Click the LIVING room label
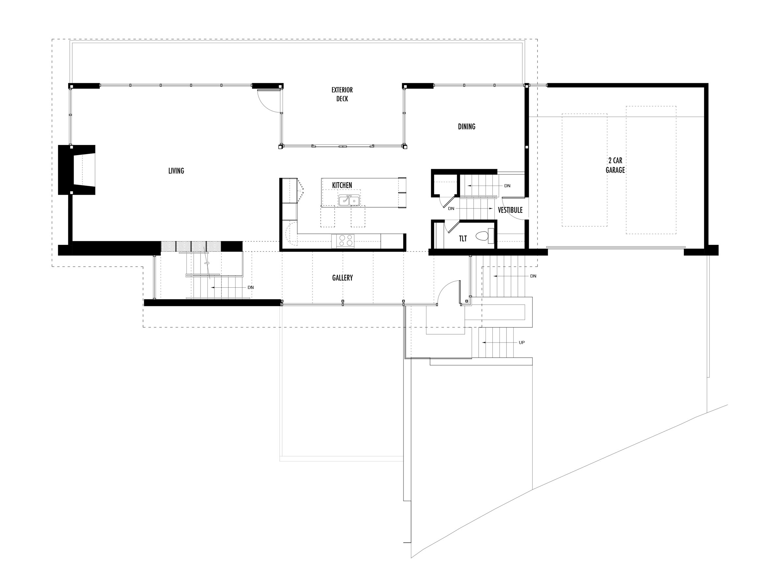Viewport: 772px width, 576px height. (176, 171)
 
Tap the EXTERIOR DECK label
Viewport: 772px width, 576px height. (342, 94)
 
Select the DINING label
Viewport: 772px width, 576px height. (466, 127)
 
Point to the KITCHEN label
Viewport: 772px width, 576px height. (342, 185)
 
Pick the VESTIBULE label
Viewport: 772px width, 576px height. (510, 210)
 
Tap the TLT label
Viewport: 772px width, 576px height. (462, 238)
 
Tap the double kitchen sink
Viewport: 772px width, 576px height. (349, 200)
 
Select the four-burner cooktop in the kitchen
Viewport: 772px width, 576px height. (345, 241)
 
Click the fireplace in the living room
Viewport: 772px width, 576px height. (77, 170)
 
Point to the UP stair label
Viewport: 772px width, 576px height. (521, 343)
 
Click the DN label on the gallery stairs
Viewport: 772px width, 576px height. (250, 287)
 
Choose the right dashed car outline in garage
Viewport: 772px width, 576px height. (651, 170)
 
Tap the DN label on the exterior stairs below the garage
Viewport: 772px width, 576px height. (533, 276)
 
